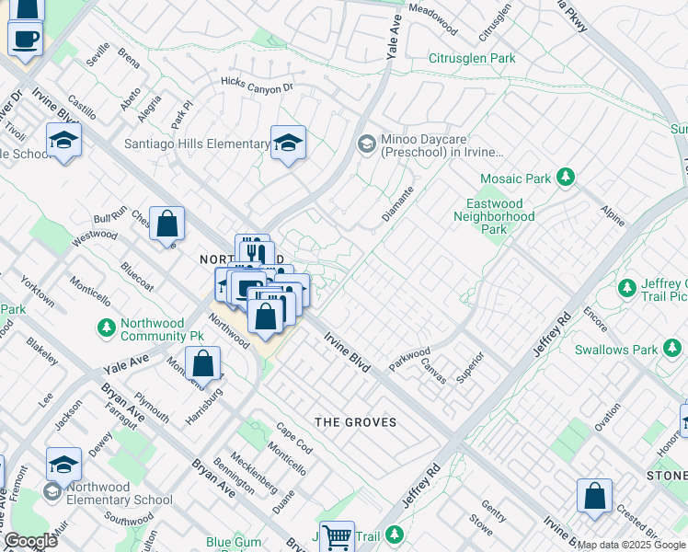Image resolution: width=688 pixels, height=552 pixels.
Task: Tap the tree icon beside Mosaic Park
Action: pos(568,176)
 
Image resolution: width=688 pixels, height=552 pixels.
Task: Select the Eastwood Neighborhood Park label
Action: pos(494,216)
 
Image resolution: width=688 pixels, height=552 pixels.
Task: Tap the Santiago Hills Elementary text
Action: pos(197,144)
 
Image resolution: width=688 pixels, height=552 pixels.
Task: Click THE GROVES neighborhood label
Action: pos(356,422)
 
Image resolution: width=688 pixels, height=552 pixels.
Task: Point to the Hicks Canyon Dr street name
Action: pos(256,84)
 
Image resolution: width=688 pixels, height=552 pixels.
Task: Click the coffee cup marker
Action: pos(25,39)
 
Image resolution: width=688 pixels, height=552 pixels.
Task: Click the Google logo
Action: pos(30,541)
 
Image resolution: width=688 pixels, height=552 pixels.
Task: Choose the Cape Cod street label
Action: pos(294,435)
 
